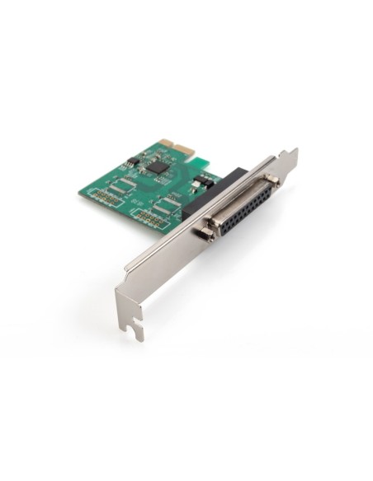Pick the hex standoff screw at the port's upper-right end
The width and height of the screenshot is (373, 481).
[271, 180]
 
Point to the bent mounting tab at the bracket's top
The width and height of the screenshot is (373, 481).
[288, 156]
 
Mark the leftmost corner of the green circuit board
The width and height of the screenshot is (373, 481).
[80, 193]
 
